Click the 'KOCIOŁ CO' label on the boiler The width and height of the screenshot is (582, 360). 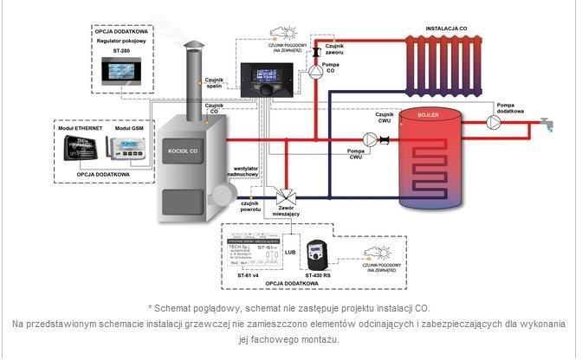184,151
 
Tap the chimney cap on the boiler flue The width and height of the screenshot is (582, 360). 191,48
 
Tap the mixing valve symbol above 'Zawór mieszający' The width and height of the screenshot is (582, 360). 282,196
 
